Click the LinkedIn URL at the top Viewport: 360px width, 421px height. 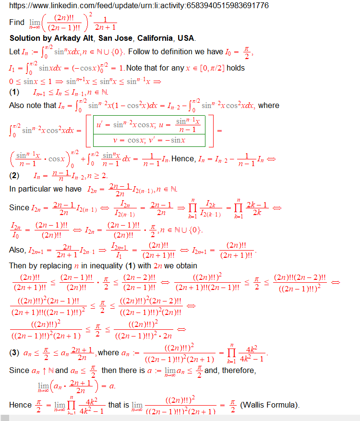click(139, 6)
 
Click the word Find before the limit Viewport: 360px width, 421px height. click(17, 23)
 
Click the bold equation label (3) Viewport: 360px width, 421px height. click(14, 353)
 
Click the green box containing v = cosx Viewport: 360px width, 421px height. click(149, 140)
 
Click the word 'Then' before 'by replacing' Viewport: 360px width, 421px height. click(18, 265)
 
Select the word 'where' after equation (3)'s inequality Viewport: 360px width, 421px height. click(108, 353)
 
